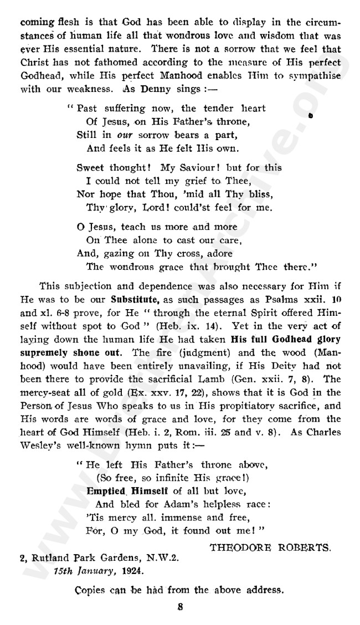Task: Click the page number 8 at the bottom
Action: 179,606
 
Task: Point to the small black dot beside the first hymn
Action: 310,116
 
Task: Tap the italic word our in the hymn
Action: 124,135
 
